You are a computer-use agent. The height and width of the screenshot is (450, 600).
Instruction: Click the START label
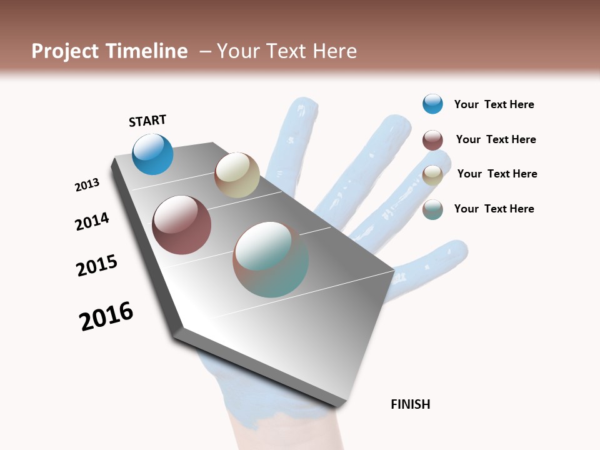click(x=147, y=121)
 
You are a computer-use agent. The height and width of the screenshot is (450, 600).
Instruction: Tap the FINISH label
click(x=410, y=404)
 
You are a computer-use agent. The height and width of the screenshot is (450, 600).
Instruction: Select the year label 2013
click(x=87, y=185)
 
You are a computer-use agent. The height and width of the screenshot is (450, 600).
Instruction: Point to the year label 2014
click(x=92, y=221)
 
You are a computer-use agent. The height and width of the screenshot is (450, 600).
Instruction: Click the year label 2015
click(x=97, y=265)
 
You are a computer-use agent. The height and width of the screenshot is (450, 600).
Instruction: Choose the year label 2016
click(x=106, y=316)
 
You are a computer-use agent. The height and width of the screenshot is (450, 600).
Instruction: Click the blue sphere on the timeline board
click(x=152, y=154)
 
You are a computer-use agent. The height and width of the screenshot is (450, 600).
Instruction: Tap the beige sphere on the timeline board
click(x=237, y=175)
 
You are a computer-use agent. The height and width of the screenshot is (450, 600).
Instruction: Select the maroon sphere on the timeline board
click(x=181, y=225)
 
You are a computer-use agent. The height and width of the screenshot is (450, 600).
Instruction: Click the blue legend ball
click(x=432, y=104)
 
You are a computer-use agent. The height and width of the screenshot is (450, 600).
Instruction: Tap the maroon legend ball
click(x=432, y=140)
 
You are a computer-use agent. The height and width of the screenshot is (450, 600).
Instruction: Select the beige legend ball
click(x=432, y=175)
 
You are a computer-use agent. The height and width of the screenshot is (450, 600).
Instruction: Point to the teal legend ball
click(x=432, y=209)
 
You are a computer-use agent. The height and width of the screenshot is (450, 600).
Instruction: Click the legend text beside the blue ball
click(x=494, y=104)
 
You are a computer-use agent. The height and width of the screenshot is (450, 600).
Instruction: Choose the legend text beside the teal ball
click(x=494, y=209)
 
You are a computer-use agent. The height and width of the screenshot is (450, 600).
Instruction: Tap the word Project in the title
click(x=65, y=51)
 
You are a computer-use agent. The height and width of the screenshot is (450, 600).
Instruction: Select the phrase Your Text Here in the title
click(x=287, y=51)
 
